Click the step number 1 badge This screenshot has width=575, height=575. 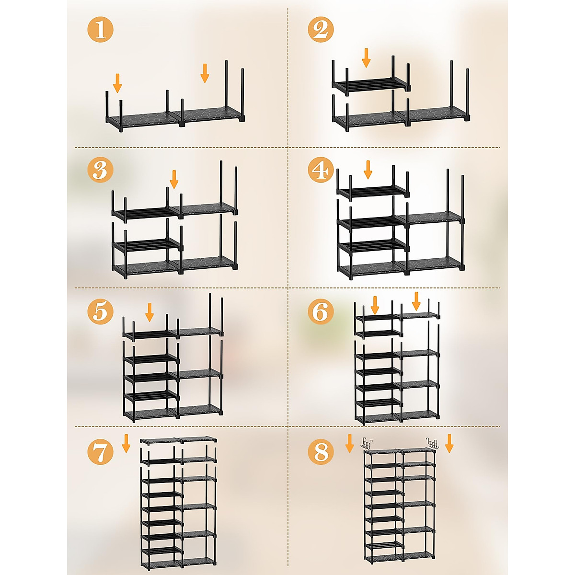pos(100,29)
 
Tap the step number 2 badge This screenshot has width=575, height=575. pos(321,29)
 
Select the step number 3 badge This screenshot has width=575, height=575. pos(100,170)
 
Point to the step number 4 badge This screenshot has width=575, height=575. pos(321,170)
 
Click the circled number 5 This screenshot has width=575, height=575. pos(100,311)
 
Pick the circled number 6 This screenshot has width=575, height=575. pos(321,311)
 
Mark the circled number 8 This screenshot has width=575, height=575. pos(321,451)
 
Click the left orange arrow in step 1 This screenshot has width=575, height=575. pos(117,82)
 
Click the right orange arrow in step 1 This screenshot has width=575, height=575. pos(205,73)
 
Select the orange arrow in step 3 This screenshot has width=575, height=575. pos(174,179)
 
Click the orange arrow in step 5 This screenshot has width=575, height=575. pos(149,312)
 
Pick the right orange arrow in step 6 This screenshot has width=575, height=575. pos(416,301)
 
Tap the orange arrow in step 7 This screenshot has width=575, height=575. pos(126,443)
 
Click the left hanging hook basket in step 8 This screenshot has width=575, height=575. pos(368,444)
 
